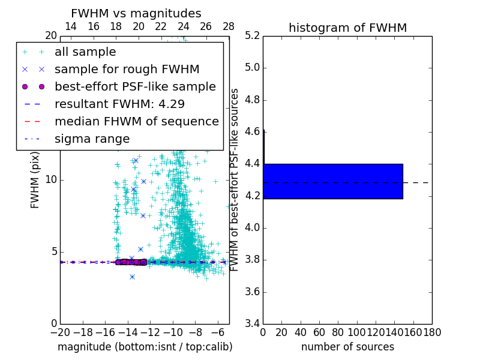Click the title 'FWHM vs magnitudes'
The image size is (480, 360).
click(136, 14)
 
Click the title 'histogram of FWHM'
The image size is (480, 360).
click(347, 28)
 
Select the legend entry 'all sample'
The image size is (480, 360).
click(85, 52)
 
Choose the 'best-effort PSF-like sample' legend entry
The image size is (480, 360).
click(135, 86)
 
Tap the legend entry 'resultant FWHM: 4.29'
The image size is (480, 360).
click(119, 104)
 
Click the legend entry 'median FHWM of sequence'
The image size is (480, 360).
click(136, 121)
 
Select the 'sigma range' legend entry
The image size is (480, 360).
click(92, 139)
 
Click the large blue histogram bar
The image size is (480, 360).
click(332, 181)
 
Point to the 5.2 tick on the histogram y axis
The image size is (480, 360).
click(251, 35)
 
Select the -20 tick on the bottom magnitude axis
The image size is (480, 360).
click(60, 332)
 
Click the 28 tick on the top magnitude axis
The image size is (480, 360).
click(229, 26)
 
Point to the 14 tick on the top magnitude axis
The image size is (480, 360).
click(70, 26)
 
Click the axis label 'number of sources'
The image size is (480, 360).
click(347, 347)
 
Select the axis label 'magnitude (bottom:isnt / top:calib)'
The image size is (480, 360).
click(145, 347)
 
